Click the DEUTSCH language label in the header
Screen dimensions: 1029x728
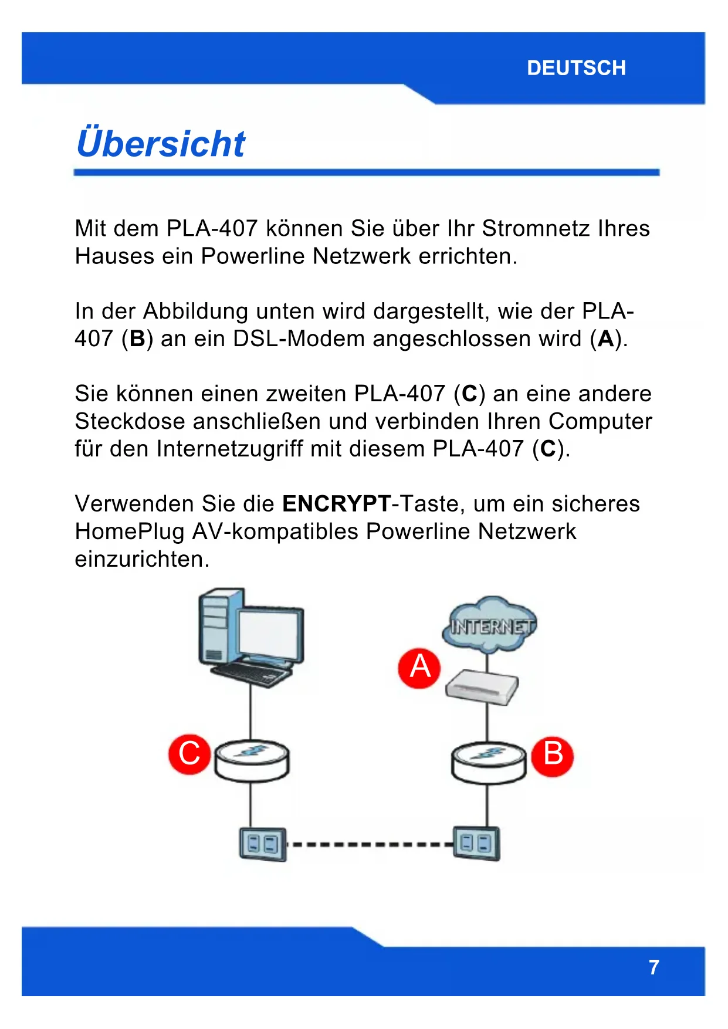576,68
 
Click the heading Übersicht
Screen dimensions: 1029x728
161,144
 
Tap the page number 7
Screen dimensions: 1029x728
653,967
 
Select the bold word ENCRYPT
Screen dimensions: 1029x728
336,504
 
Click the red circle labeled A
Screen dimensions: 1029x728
419,668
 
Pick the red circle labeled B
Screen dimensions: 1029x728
553,754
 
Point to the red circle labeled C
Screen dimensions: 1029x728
189,753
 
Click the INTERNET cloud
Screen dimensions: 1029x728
490,625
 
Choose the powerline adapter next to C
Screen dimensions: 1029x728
252,760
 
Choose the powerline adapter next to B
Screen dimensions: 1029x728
489,762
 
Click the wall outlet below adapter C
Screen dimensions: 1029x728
263,844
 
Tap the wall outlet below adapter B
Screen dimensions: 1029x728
476,844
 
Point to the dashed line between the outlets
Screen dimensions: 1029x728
370,845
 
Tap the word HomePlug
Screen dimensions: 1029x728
129,532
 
